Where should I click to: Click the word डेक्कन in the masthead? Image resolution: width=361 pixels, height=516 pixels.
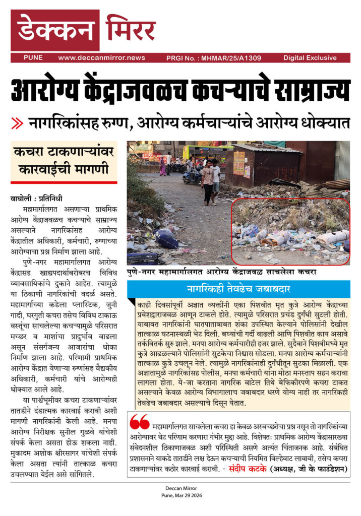point(55,30)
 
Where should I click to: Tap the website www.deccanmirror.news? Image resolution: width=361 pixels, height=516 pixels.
point(101,58)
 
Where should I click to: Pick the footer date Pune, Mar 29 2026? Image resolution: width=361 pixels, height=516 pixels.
point(180,495)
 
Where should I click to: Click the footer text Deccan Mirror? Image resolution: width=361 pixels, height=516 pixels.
point(180,488)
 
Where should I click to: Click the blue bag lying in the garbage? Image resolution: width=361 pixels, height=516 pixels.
point(166,238)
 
